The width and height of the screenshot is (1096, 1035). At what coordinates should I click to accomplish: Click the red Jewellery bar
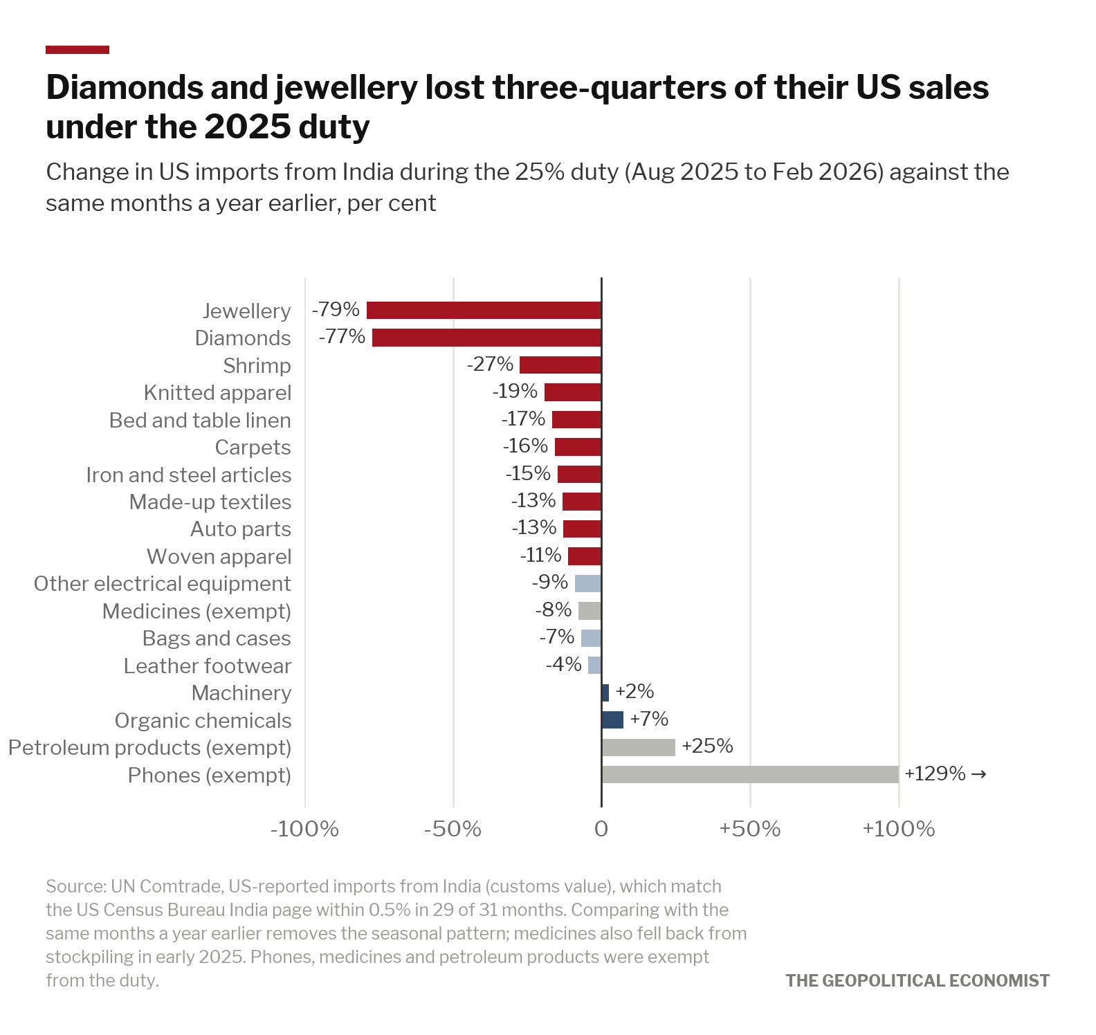(484, 310)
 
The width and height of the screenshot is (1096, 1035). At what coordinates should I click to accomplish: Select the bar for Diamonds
(487, 338)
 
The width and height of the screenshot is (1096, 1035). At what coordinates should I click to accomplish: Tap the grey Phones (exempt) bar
(750, 774)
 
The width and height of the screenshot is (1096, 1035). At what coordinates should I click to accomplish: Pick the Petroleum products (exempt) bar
(639, 747)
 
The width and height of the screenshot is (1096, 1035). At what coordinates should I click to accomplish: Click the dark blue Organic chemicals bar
(612, 720)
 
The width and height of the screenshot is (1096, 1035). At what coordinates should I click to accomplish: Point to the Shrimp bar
(560, 365)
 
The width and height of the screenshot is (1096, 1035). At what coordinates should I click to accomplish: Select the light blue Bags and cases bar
(592, 638)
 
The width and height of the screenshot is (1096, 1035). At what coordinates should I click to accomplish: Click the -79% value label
(336, 309)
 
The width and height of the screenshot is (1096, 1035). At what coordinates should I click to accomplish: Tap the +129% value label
(935, 773)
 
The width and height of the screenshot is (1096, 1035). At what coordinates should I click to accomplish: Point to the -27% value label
(490, 364)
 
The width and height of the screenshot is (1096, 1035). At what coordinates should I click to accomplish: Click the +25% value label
(707, 746)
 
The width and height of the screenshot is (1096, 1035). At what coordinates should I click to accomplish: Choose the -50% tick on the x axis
(453, 829)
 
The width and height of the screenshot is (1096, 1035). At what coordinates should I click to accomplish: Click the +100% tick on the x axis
(898, 829)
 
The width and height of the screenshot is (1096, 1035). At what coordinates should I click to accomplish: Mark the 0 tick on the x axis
(601, 829)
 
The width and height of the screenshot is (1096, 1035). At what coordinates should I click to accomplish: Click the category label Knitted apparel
(217, 393)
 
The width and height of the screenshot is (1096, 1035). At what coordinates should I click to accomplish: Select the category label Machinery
(241, 693)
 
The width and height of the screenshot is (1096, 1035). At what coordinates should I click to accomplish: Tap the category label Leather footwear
(208, 666)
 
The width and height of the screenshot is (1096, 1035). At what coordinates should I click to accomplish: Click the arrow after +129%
(978, 774)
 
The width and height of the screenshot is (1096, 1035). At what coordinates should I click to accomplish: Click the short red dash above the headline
(77, 50)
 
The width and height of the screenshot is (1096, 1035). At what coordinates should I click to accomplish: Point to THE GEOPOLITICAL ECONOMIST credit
(917, 980)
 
